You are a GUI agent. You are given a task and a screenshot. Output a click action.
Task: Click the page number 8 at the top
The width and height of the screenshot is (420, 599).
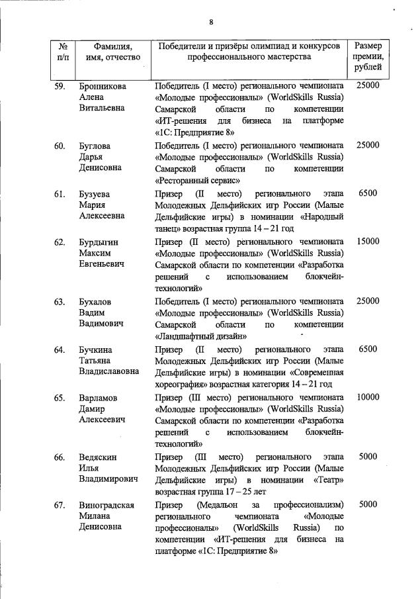(211, 23)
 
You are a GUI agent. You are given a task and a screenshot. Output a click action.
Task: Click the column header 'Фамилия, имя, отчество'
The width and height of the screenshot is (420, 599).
(109, 52)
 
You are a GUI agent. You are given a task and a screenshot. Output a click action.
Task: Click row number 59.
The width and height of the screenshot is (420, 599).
(59, 86)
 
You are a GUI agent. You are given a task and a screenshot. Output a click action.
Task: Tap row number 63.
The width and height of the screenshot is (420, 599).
(59, 302)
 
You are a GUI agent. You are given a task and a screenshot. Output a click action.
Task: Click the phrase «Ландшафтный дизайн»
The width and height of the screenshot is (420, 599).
(196, 336)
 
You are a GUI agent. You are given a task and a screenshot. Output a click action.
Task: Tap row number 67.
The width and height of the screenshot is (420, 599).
(59, 505)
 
